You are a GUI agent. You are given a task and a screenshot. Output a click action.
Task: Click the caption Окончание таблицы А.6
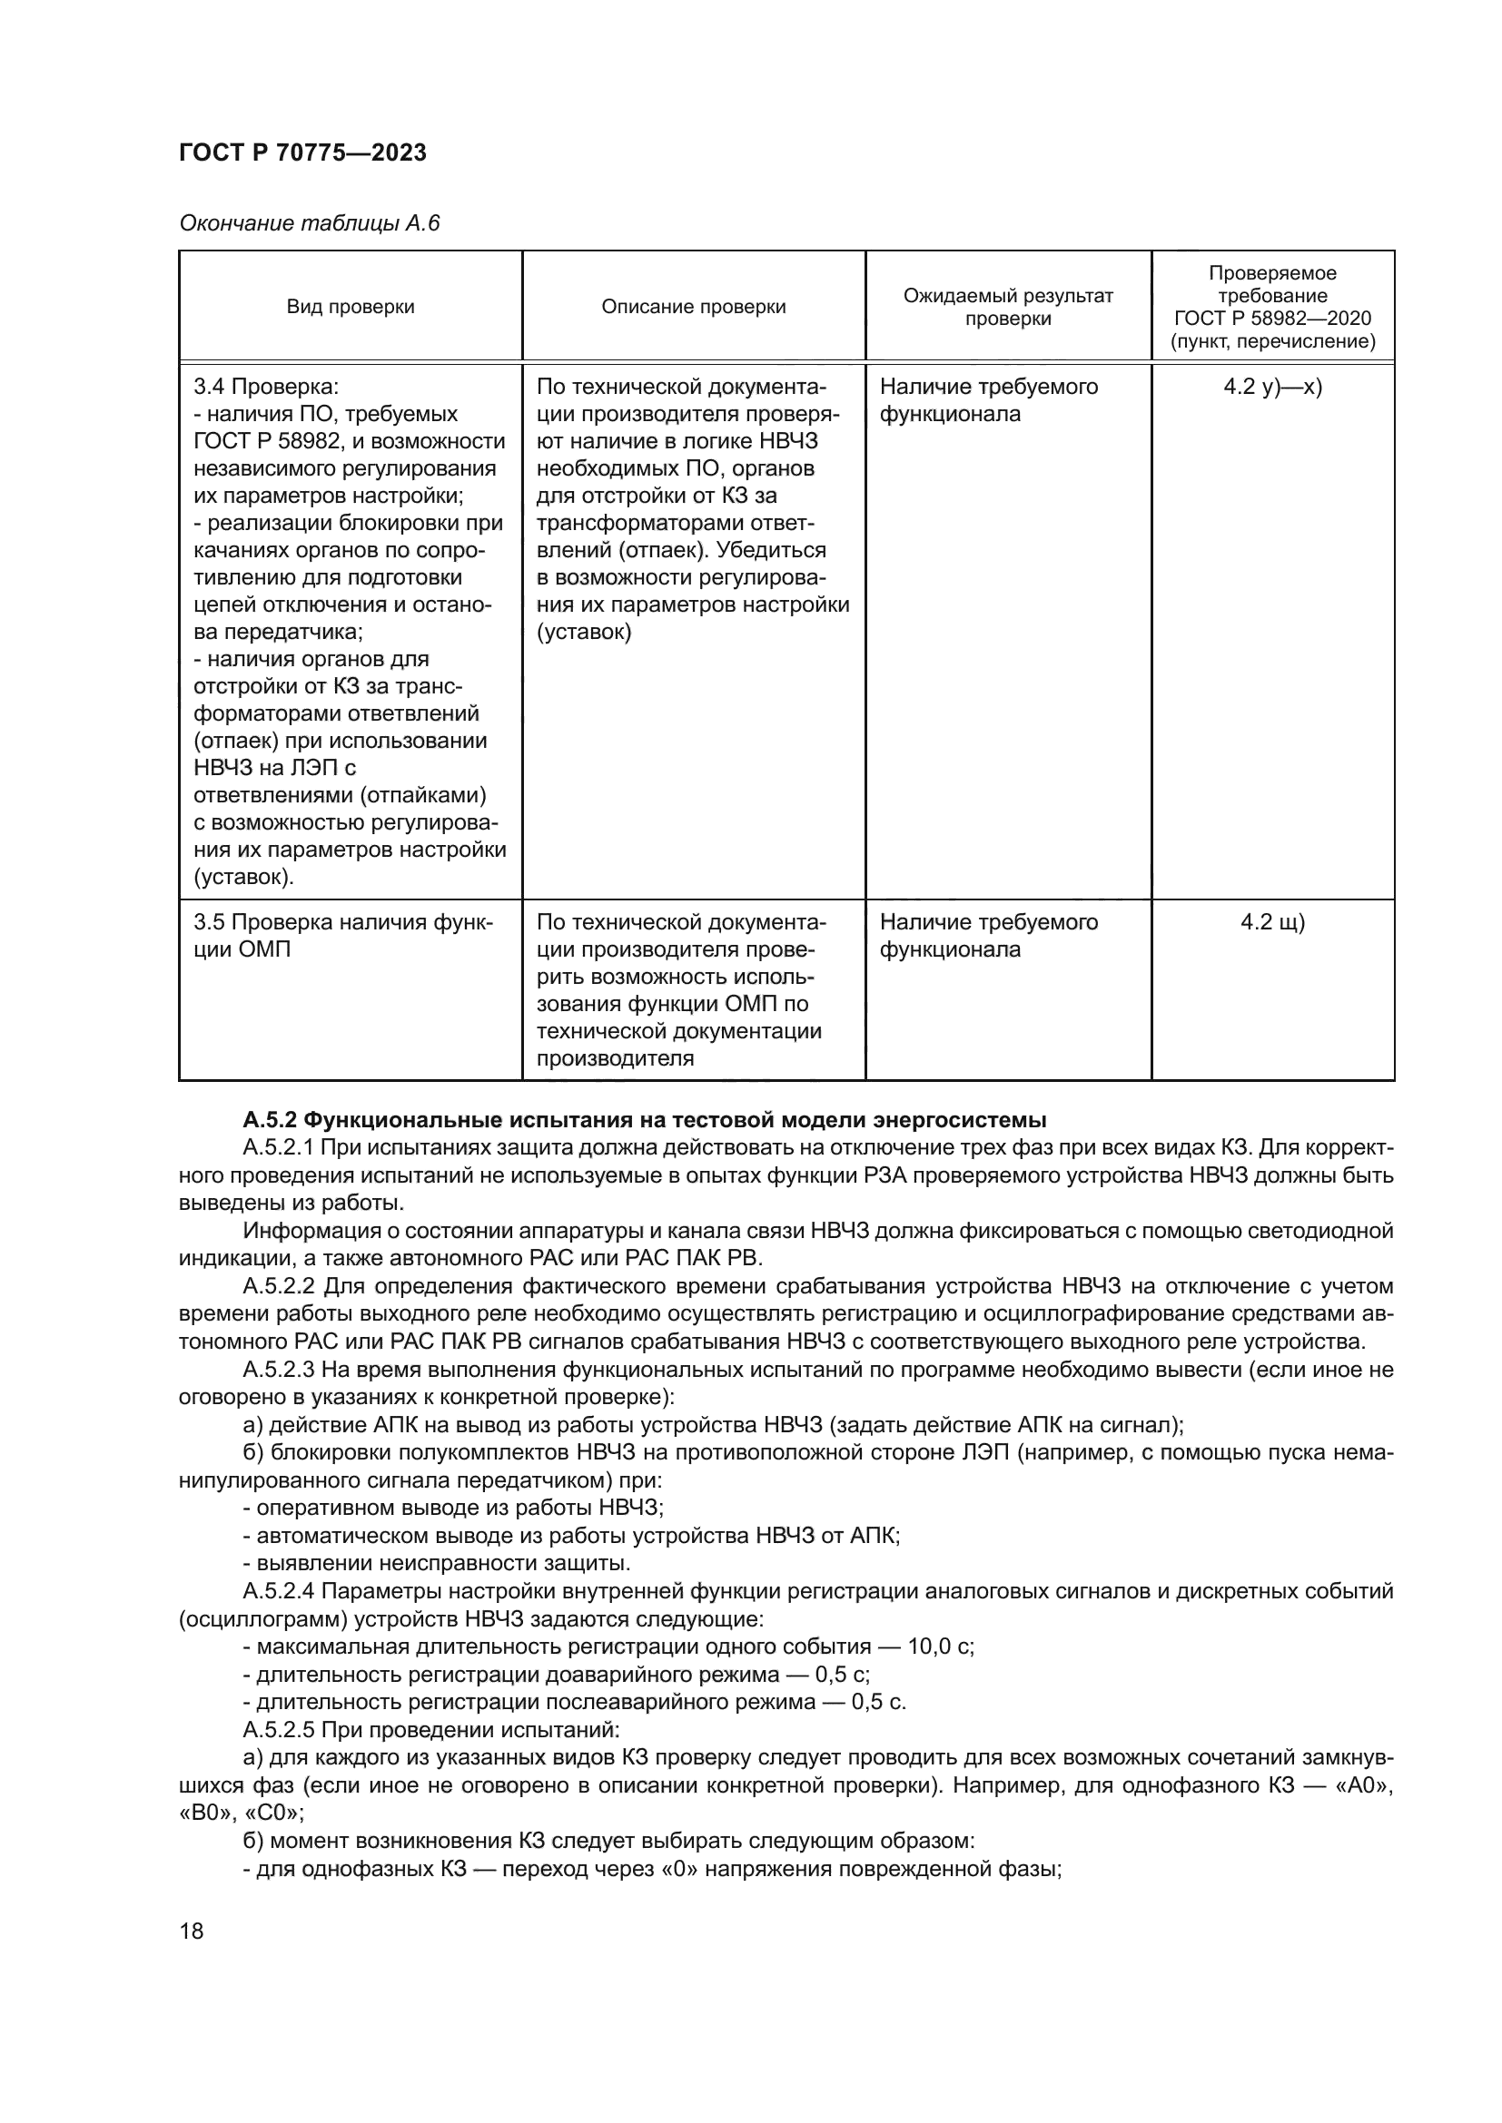(309, 224)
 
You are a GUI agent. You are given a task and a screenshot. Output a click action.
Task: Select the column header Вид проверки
(351, 307)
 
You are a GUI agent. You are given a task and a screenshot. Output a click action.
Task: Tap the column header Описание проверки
(694, 307)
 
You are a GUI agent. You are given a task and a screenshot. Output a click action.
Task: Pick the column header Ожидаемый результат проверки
(1008, 307)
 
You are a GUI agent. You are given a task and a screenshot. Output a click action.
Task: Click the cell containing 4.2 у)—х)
(1272, 387)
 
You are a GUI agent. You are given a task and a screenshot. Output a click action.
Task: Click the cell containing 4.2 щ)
(1272, 922)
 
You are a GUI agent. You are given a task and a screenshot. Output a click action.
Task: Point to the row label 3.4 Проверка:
(266, 387)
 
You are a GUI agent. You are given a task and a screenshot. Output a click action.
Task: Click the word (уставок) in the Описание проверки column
(584, 633)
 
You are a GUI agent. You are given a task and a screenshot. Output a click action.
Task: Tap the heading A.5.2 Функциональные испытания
(645, 1120)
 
